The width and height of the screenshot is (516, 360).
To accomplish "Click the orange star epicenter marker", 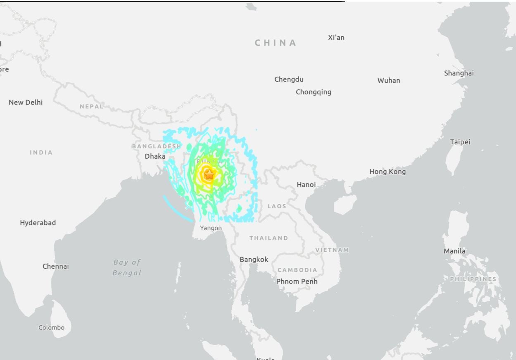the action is [209, 175].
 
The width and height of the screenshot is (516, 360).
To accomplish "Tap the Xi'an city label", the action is [336, 38].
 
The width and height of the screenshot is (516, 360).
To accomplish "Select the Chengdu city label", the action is [289, 79].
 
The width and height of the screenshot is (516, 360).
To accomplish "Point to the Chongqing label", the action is [313, 92].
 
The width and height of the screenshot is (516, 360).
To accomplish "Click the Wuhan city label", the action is [388, 81].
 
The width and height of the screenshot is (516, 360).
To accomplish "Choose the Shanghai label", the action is [459, 73].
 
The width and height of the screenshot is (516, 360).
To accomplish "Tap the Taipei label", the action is [460, 142].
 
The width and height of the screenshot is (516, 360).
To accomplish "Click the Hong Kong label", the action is [387, 172].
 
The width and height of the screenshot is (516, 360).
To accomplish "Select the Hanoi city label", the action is [306, 185].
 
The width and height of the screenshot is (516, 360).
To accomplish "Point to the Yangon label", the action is [211, 228].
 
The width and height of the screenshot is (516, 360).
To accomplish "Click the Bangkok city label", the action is [254, 260].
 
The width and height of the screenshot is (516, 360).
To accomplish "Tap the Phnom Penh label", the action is [297, 281].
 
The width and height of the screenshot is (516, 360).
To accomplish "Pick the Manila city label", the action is [454, 251].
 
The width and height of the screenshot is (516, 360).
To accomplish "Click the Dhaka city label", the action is [155, 156].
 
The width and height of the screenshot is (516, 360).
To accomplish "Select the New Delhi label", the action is [26, 103].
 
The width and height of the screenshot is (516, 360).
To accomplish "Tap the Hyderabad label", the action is [38, 223].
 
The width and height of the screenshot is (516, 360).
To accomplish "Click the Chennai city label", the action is [55, 266].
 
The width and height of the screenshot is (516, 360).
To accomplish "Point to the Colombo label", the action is [51, 327].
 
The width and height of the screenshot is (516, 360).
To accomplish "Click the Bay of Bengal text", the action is [127, 267].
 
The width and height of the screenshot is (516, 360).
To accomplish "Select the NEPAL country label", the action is [91, 106].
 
